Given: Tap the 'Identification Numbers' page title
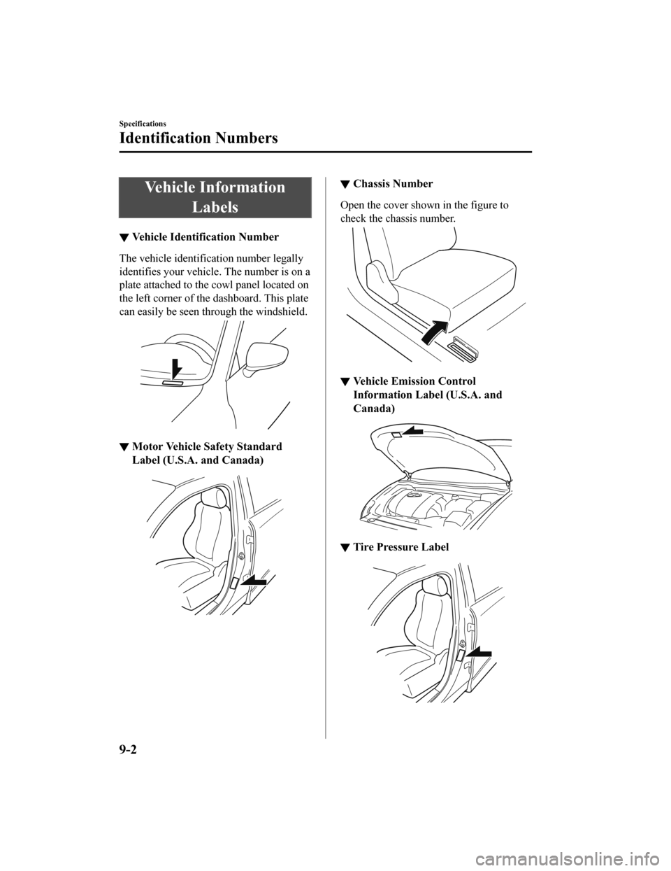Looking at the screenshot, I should (x=199, y=138).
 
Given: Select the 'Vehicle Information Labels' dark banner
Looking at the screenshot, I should (x=215, y=197).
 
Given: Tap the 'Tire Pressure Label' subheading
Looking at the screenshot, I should (x=401, y=546).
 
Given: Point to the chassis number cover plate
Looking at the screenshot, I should (x=464, y=348).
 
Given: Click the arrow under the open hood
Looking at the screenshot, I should (x=412, y=432).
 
